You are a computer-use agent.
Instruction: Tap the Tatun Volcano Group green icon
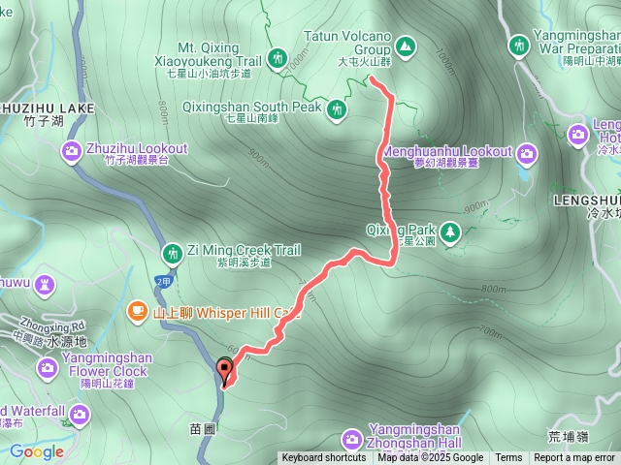(405, 45)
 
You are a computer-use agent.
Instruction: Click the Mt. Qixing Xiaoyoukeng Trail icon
(278, 59)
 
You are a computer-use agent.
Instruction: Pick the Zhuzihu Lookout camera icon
(71, 150)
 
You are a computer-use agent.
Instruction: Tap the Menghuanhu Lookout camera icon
(527, 153)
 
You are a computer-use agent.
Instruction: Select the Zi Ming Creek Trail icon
(173, 254)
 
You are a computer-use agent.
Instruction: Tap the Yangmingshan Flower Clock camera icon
(48, 368)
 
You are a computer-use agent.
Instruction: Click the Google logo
(37, 451)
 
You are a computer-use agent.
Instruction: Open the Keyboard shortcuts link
(324, 458)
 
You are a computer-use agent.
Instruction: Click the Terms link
(508, 458)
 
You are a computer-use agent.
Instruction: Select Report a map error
(574, 458)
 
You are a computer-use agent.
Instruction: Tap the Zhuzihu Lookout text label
(136, 149)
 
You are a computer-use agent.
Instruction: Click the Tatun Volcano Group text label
(346, 42)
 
